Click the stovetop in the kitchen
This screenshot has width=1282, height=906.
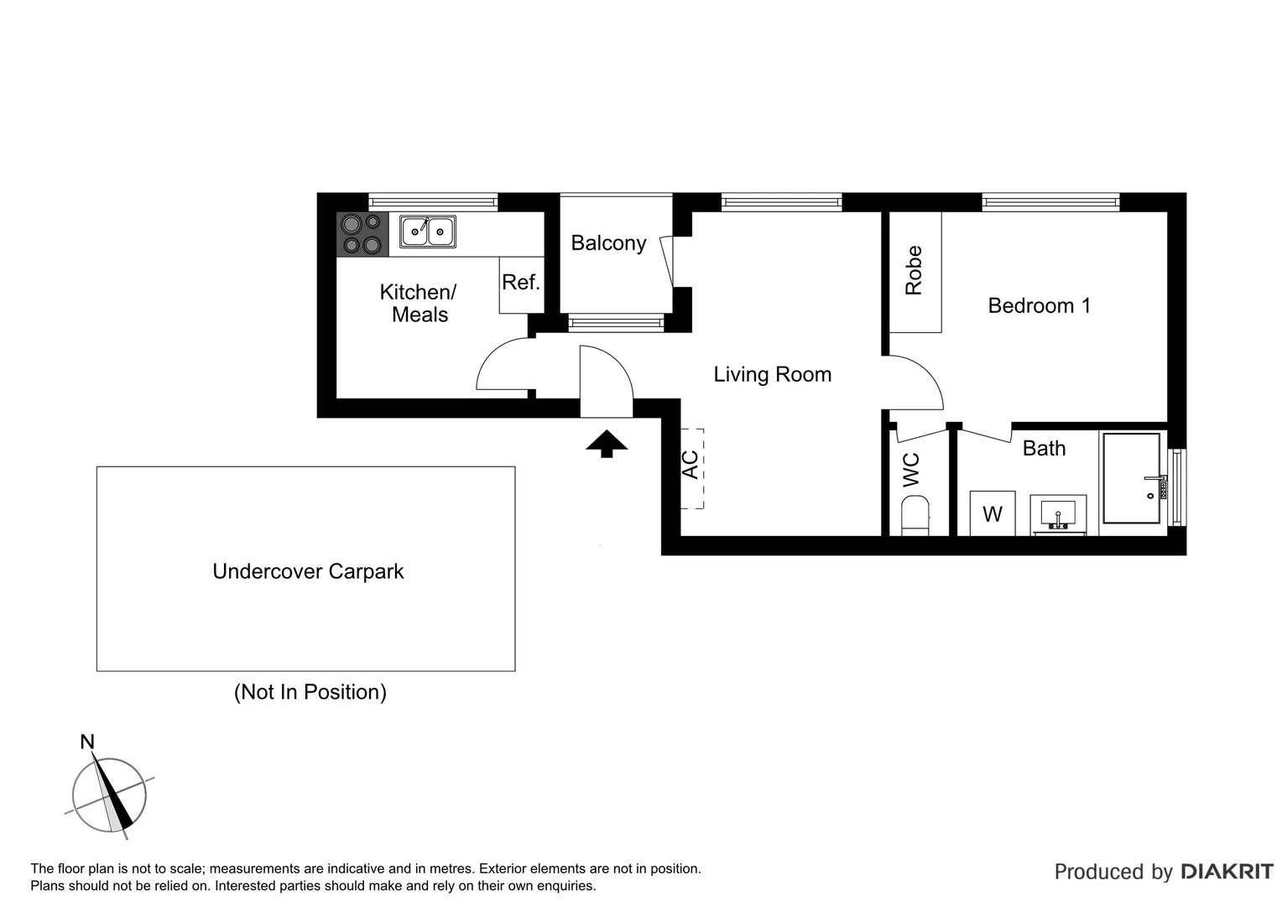click(x=362, y=234)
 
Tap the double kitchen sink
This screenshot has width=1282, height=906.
click(x=428, y=232)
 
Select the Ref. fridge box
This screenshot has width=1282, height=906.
click(x=521, y=284)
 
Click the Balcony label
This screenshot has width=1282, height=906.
click(x=608, y=243)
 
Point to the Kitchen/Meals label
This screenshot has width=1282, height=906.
click(x=419, y=303)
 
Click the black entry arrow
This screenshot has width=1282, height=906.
click(x=607, y=444)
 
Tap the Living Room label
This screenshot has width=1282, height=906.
click(x=772, y=374)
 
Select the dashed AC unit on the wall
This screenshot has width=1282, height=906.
click(x=691, y=467)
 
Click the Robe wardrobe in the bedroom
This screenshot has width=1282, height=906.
click(x=915, y=272)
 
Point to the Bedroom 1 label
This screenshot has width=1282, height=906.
click(x=1039, y=305)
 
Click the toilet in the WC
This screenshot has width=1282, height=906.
click(x=915, y=514)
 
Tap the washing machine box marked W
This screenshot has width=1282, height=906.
click(x=993, y=513)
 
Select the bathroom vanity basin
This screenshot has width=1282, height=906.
click(x=1058, y=514)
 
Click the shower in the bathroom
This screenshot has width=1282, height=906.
click(x=1133, y=478)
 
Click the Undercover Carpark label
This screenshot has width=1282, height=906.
click(x=308, y=571)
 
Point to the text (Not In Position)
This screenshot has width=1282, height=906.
click(x=310, y=692)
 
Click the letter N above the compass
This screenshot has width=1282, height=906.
click(x=86, y=742)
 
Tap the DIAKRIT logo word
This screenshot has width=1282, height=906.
click(x=1227, y=872)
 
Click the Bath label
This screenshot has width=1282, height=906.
click(x=1044, y=449)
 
